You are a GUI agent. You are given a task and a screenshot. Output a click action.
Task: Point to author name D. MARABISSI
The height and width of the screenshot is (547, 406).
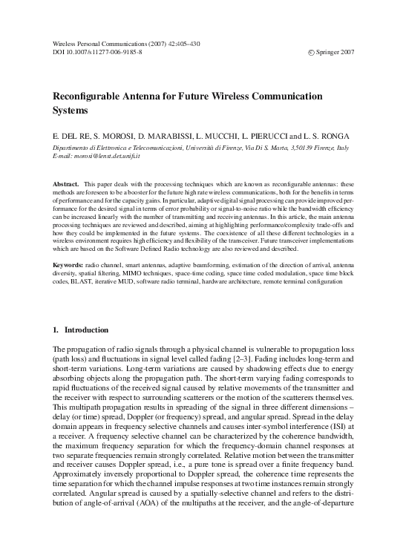(165, 138)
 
